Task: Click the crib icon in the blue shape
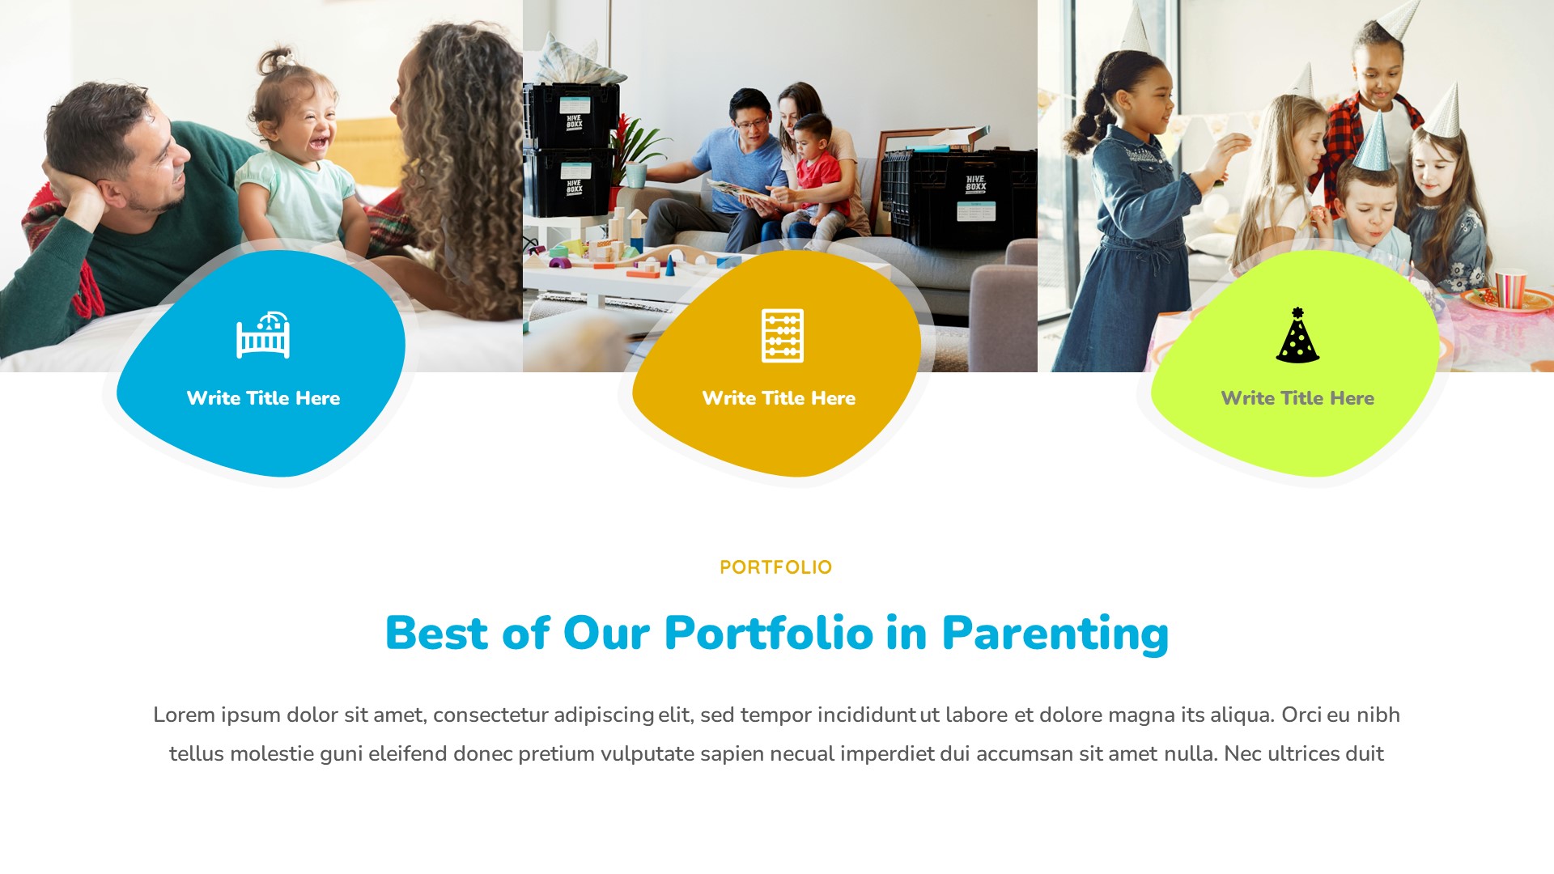[x=263, y=335]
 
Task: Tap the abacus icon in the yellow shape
[x=782, y=335]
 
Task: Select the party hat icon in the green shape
[x=1297, y=335]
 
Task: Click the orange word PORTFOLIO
[x=775, y=567]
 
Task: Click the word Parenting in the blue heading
[x=1055, y=633]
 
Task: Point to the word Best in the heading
[x=436, y=633]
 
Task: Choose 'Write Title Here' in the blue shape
[x=263, y=398]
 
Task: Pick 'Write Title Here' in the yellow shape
[x=779, y=398]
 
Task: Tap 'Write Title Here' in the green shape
[x=1297, y=398]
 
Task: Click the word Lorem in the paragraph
[x=184, y=715]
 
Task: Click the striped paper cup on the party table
[x=1509, y=289]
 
